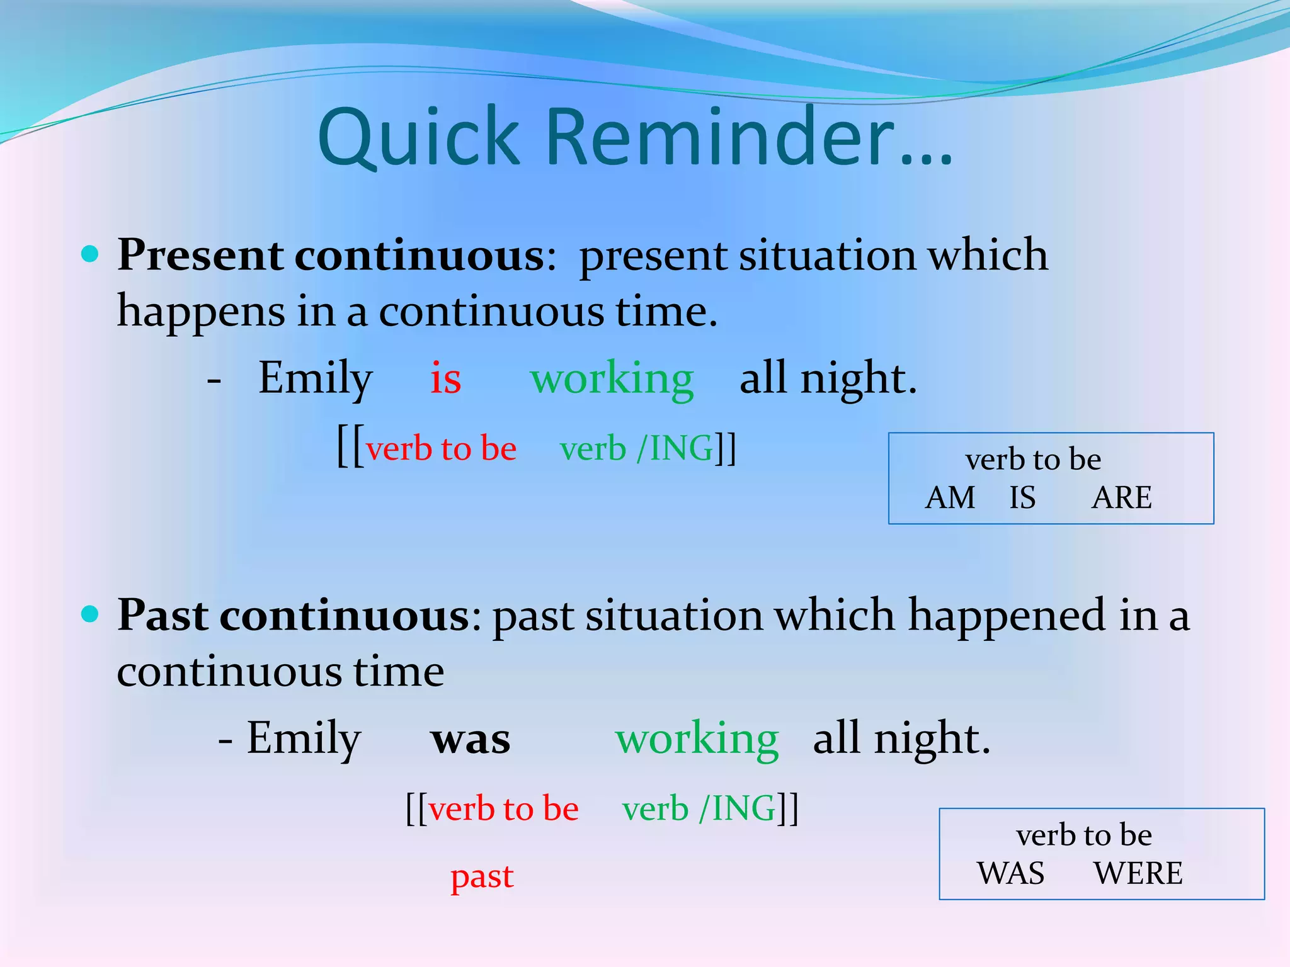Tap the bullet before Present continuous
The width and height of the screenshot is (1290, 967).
pyautogui.click(x=91, y=254)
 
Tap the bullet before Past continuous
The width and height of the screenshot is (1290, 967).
pyautogui.click(x=91, y=614)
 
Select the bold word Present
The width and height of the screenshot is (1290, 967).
pyautogui.click(x=200, y=256)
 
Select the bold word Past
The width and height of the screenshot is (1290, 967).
pyautogui.click(x=163, y=616)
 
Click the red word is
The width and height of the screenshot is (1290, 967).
pyautogui.click(x=445, y=378)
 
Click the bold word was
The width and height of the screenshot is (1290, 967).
pyautogui.click(x=471, y=740)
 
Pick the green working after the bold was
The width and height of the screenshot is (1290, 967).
pyautogui.click(x=697, y=740)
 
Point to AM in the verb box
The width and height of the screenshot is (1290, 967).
pyautogui.click(x=950, y=498)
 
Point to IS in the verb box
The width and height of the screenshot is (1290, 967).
pyautogui.click(x=1022, y=498)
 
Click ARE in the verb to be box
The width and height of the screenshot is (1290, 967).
pyautogui.click(x=1122, y=498)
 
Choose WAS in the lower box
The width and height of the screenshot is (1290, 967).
pyautogui.click(x=1010, y=873)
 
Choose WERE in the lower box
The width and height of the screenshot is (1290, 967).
pyautogui.click(x=1138, y=873)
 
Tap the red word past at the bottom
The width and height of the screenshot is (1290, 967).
pyautogui.click(x=482, y=877)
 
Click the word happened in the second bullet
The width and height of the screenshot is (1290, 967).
pyautogui.click(x=1006, y=616)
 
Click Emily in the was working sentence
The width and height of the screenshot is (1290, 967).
pyautogui.click(x=304, y=738)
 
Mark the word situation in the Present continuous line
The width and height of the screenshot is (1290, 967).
pyautogui.click(x=827, y=256)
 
